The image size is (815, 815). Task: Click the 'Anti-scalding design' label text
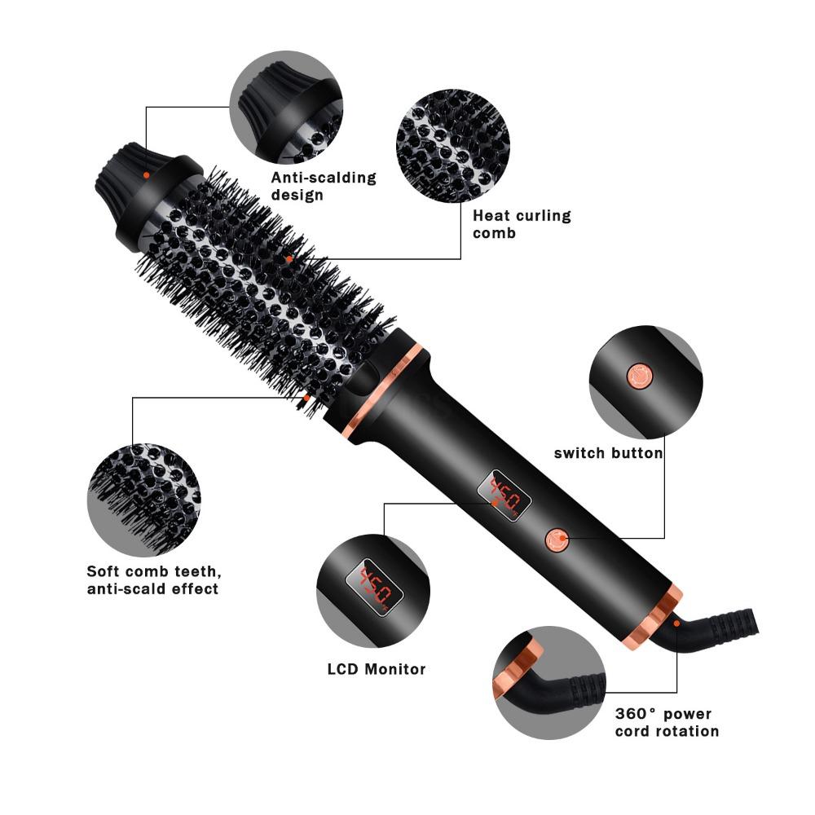point(324,186)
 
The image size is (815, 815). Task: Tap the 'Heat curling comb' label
point(522,224)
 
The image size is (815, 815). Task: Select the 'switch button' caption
point(608,453)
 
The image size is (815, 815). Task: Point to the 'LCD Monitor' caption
point(377,669)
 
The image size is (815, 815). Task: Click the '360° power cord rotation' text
point(667,722)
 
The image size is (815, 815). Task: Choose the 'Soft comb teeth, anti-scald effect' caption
point(153,579)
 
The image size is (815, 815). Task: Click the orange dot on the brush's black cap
point(146,174)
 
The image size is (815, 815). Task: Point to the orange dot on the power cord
point(676,623)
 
